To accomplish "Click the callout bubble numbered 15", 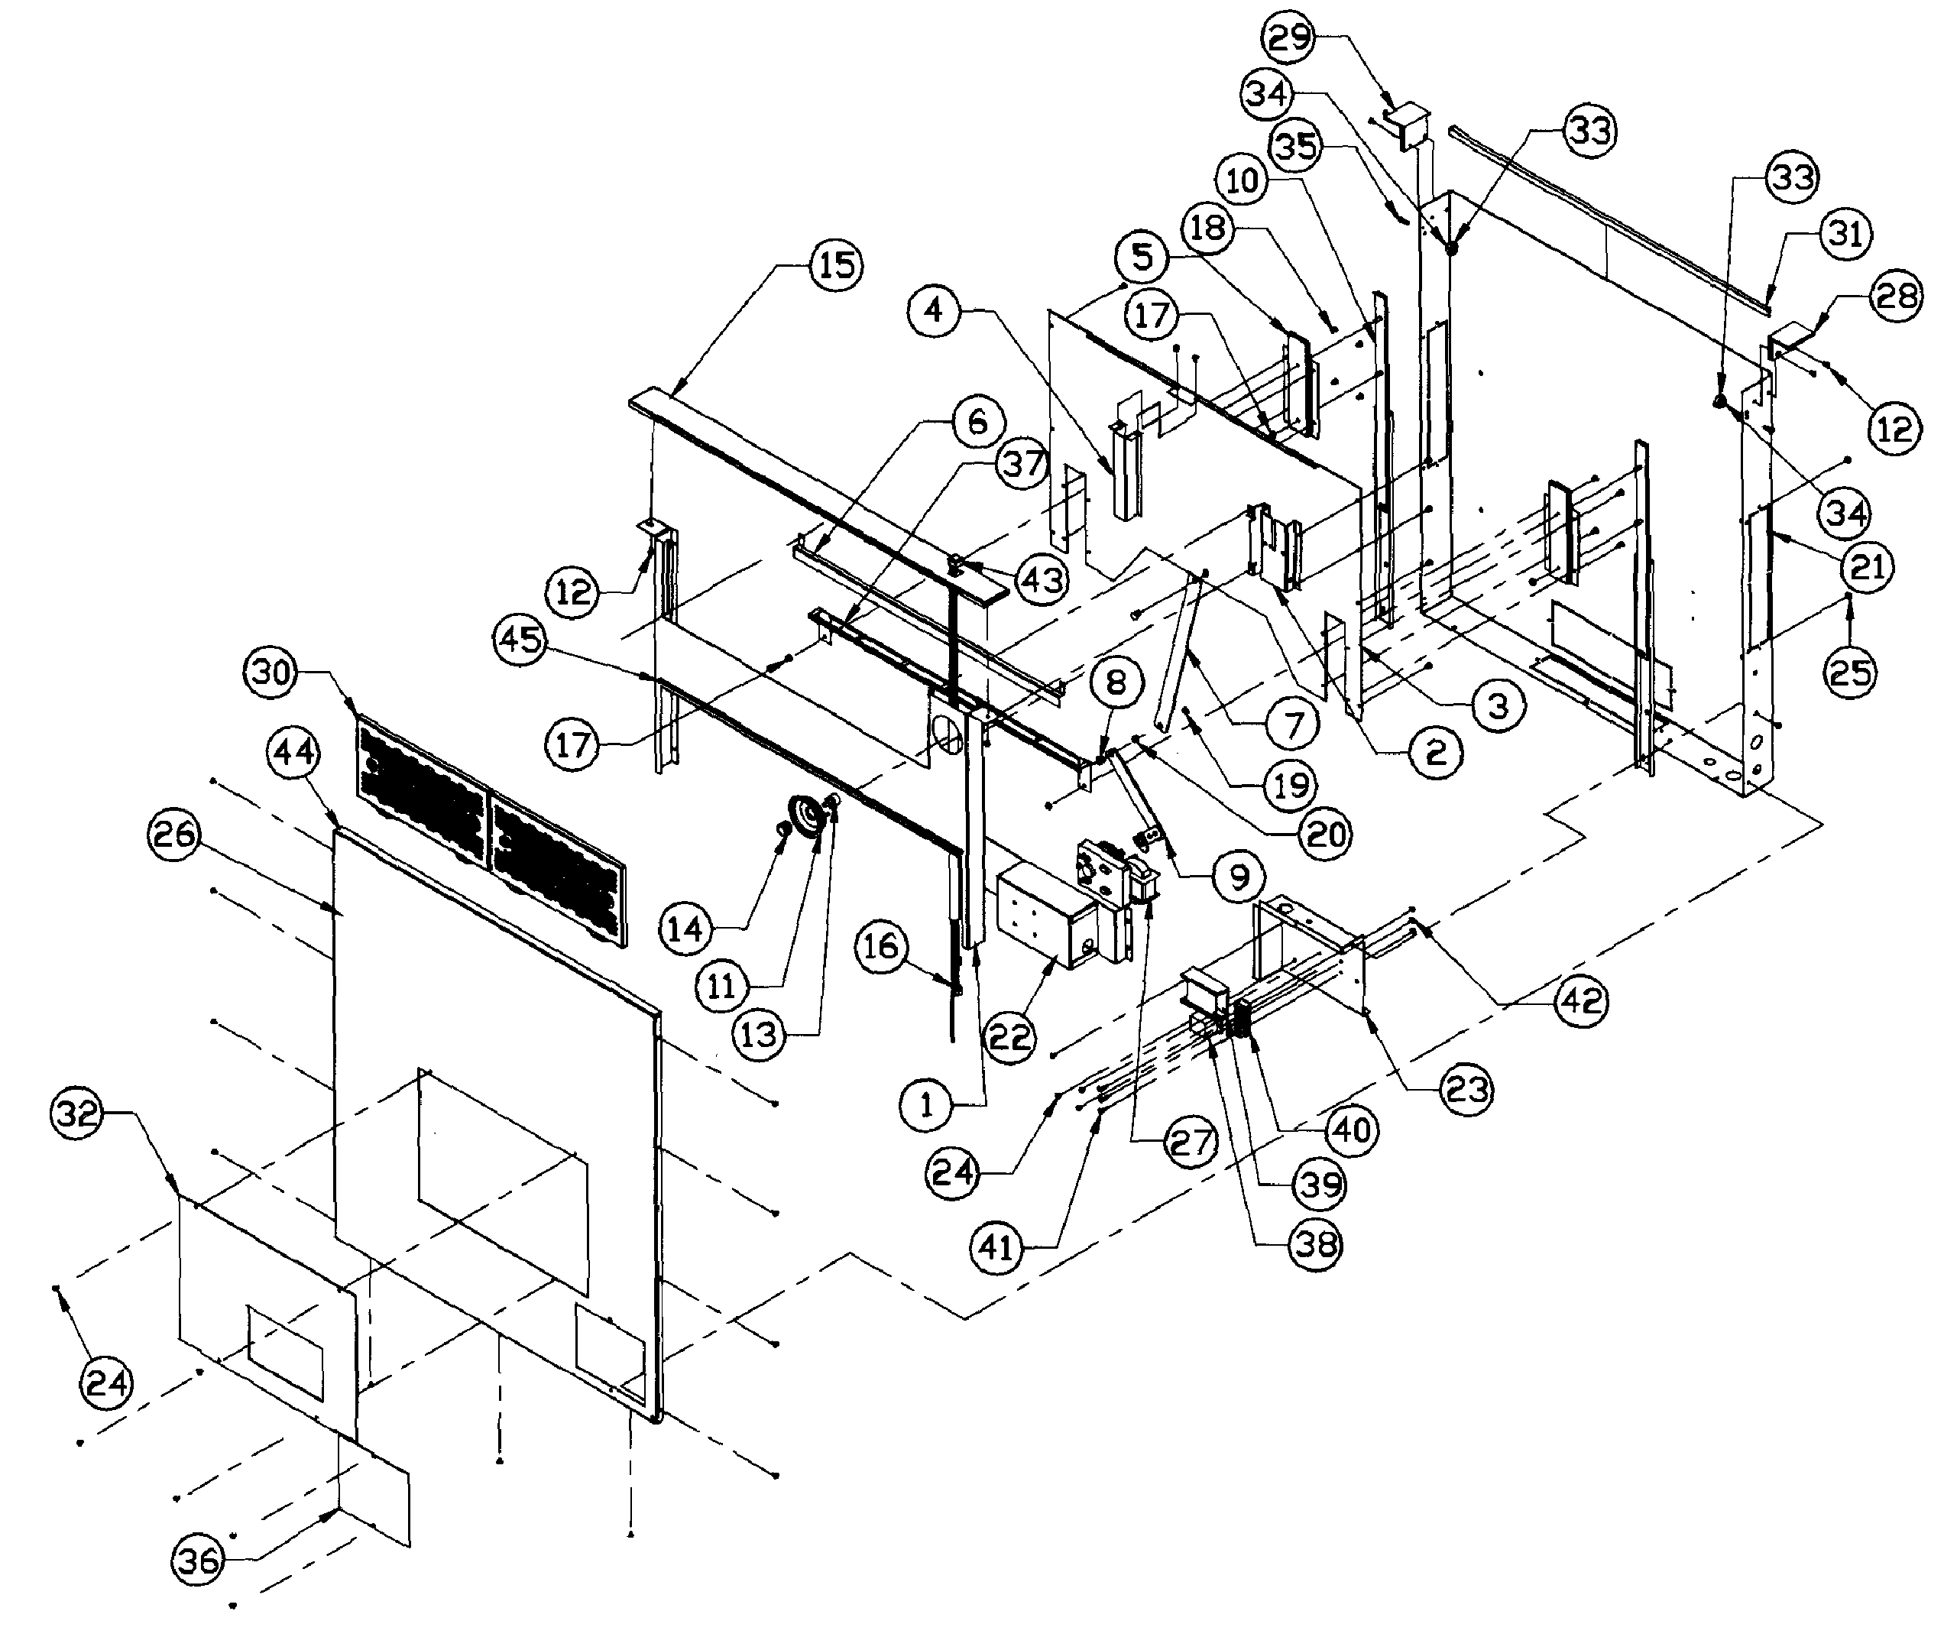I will click(x=836, y=265).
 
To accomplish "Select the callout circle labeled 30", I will click(x=272, y=672).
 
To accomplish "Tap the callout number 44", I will click(x=294, y=752).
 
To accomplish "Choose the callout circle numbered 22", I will click(x=1009, y=1036).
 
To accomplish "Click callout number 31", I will click(x=1845, y=234).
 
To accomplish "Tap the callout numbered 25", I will click(x=1850, y=672).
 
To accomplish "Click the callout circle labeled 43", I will click(x=1042, y=581).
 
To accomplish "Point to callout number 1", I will click(x=926, y=1105).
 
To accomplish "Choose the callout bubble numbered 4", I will click(x=934, y=311).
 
